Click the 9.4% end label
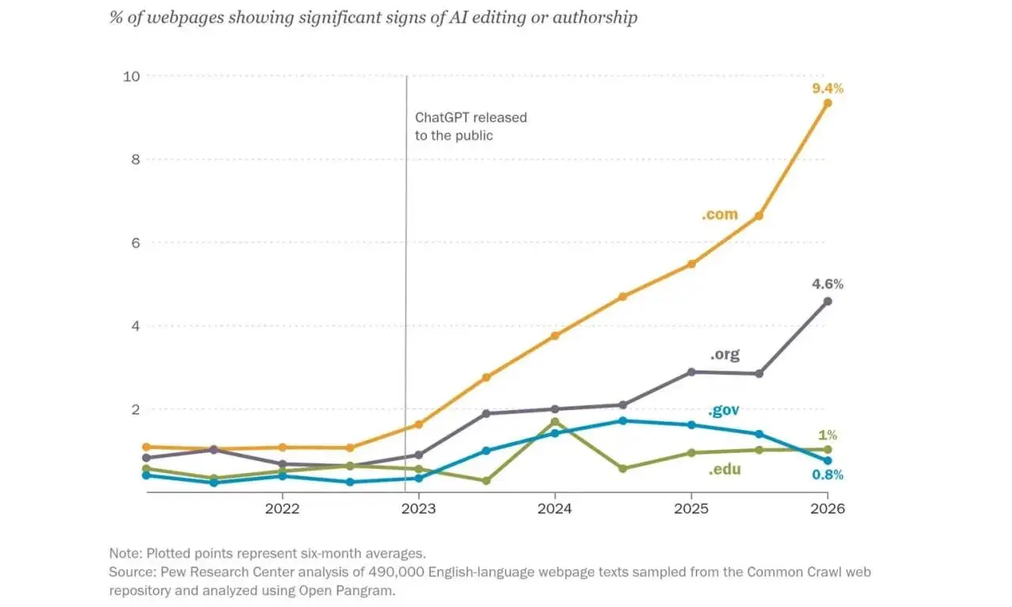pos(827,89)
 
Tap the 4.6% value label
pos(827,284)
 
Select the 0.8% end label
pos(827,475)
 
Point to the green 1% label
pos(828,435)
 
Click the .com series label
pos(719,214)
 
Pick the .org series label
pos(725,354)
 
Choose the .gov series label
pos(723,410)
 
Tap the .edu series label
pos(724,469)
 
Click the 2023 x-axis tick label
pos(418,509)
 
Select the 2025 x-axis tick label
pos(691,509)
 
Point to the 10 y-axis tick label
pos(131,77)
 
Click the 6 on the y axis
pos(135,243)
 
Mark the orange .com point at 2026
pos(828,104)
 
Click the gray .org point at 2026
pos(828,301)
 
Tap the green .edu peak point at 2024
pos(555,422)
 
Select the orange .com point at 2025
pos(691,264)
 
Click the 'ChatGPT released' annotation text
pos(470,118)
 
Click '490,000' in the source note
pos(396,572)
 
